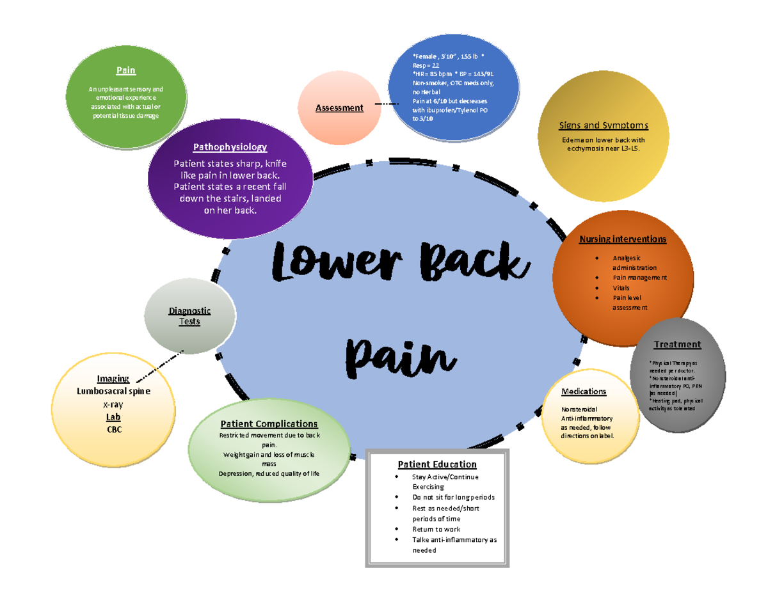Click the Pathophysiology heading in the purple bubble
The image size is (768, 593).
click(230, 147)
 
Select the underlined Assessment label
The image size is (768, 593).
click(339, 107)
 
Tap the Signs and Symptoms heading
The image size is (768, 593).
click(604, 125)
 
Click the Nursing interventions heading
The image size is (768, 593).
click(622, 239)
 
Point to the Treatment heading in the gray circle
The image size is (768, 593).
click(677, 344)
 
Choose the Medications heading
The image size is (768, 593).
click(583, 391)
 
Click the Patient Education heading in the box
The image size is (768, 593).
click(436, 464)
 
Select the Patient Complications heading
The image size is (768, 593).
click(269, 423)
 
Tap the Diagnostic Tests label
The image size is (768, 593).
click(184, 316)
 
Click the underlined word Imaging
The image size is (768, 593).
click(113, 379)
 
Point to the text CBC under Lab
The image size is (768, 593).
click(113, 430)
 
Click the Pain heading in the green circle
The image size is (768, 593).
click(125, 70)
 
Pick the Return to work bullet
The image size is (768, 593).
click(436, 529)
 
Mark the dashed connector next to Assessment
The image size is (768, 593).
click(386, 103)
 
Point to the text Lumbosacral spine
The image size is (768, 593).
click(113, 391)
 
